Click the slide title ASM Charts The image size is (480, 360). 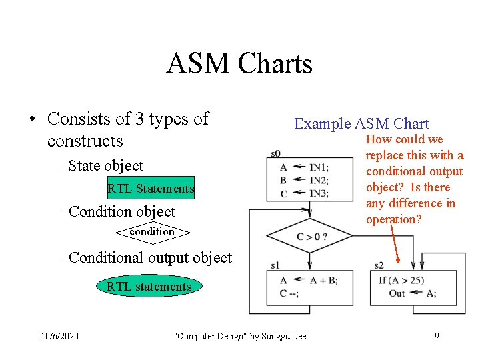(239, 64)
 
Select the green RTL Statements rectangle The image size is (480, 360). (151, 189)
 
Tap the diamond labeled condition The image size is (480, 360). (152, 232)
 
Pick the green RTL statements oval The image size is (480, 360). (149, 287)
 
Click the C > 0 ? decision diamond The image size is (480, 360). (301, 237)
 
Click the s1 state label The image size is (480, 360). (275, 265)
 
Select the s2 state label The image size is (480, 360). (379, 265)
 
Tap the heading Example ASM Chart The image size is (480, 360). (361, 123)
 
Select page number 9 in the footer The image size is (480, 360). (437, 336)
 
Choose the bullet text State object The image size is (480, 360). (105, 165)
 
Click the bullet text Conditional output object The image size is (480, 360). (150, 257)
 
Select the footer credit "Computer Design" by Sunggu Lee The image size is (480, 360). (239, 336)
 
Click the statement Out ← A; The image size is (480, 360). (412, 293)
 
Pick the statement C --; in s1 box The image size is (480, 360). (290, 293)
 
